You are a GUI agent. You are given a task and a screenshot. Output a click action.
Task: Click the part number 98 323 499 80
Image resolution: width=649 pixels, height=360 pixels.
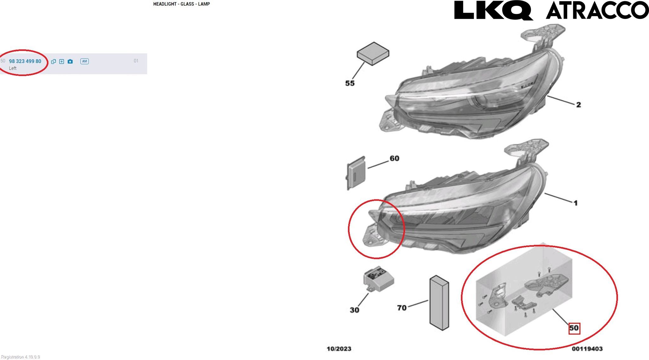25,61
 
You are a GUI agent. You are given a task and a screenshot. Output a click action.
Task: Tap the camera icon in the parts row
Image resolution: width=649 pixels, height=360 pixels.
70,61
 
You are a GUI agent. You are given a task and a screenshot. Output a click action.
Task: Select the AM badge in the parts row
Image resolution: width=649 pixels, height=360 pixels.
84,61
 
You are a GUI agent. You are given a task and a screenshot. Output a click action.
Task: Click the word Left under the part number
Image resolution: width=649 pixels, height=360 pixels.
13,68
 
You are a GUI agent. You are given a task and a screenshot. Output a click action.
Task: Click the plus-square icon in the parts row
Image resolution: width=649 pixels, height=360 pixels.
61,61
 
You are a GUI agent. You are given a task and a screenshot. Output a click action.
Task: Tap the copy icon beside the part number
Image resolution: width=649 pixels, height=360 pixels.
53,61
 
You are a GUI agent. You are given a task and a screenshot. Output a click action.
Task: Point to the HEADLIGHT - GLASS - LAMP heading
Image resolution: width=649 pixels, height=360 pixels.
182,4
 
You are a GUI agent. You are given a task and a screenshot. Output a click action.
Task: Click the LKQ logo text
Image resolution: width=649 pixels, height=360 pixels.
493,10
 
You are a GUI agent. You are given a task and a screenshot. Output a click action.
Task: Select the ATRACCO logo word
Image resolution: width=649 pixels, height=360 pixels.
597,10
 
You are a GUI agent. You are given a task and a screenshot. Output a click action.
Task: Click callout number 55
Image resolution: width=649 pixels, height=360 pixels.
350,83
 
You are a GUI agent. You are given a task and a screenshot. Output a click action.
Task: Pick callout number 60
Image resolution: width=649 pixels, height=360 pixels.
394,158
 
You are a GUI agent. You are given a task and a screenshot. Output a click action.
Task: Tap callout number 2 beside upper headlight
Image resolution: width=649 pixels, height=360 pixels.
578,105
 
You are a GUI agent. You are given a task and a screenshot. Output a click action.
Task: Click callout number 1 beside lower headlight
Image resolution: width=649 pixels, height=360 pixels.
575,203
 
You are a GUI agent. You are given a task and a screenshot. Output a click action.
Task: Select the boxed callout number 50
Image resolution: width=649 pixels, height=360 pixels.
574,328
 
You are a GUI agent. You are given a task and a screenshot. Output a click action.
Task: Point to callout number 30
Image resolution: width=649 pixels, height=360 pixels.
354,310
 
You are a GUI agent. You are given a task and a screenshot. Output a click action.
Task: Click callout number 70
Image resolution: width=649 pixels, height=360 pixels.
402,308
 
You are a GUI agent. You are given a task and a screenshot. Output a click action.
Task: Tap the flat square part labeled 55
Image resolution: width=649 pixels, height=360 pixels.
373,54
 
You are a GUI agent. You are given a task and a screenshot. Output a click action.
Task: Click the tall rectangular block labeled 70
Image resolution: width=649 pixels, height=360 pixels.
439,303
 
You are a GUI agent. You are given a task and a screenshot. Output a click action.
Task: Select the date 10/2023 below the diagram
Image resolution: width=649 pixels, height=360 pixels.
339,349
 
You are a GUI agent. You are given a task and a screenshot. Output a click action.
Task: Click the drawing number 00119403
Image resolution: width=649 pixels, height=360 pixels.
587,349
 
